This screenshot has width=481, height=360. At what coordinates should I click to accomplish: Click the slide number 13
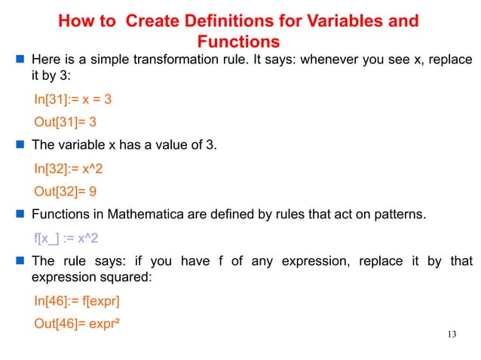coord(452,334)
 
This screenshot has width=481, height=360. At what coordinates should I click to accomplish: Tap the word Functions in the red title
coord(237,41)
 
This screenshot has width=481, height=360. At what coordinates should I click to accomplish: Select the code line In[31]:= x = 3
coord(74,99)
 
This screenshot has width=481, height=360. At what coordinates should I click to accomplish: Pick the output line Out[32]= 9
coord(69,191)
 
